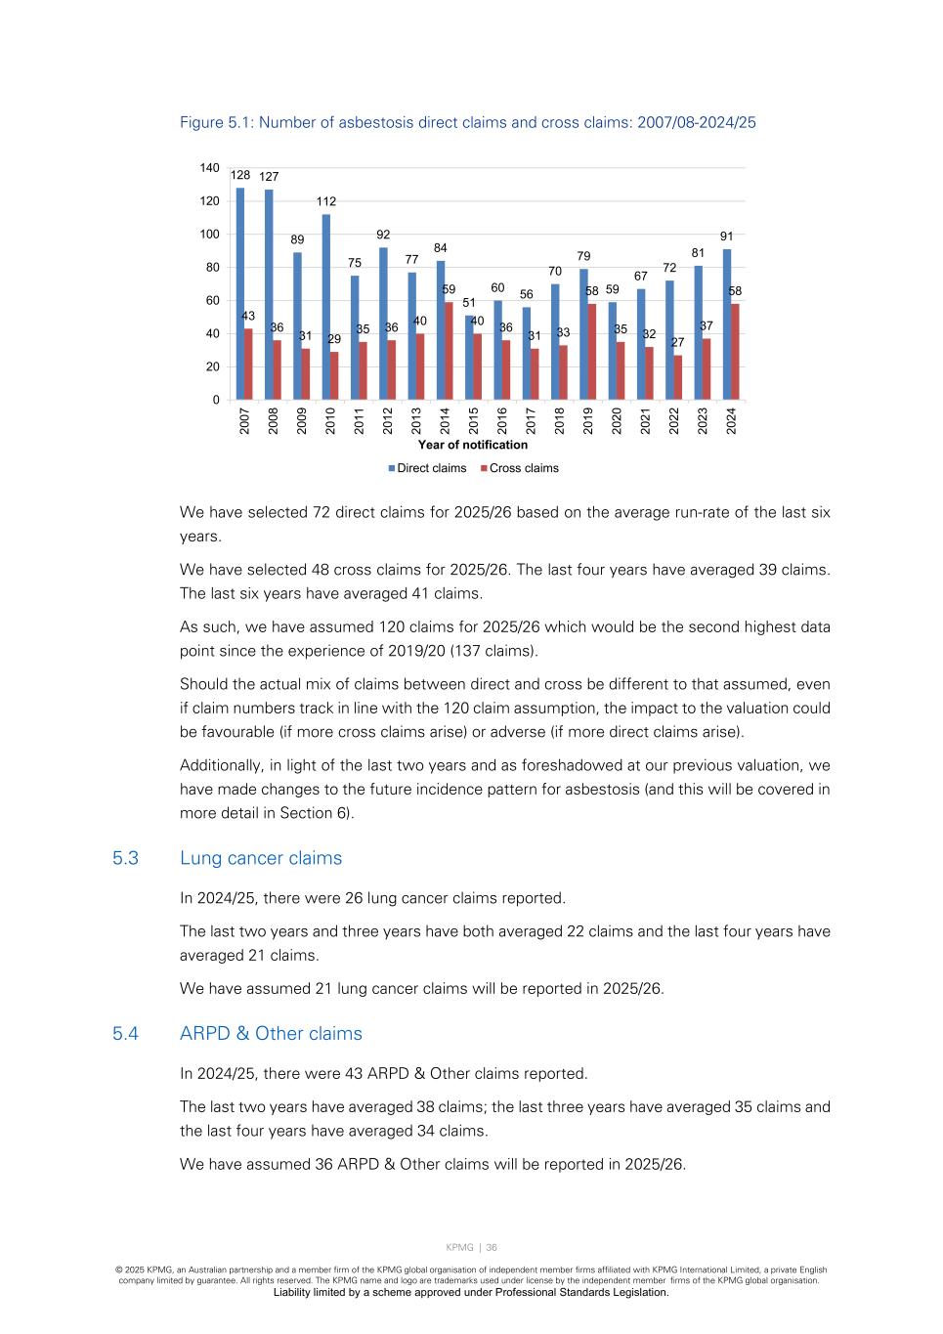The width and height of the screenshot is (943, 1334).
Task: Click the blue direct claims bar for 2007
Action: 240,293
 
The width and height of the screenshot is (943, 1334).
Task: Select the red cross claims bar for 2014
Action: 449,351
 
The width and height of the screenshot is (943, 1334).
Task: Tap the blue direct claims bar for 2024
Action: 727,324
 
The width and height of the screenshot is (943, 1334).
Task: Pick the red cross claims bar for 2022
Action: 677,377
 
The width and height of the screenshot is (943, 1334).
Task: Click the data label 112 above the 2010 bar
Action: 325,201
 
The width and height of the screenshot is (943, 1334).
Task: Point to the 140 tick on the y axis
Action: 210,168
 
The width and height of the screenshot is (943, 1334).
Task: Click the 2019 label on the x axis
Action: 588,421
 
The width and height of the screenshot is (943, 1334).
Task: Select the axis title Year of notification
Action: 473,445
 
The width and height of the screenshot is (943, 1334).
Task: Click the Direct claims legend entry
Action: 426,468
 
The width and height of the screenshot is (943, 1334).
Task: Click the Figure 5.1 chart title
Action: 467,122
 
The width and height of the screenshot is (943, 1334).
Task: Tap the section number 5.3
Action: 125,858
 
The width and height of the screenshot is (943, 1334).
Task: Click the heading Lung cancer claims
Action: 261,858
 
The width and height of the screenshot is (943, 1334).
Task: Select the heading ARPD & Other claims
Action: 271,1033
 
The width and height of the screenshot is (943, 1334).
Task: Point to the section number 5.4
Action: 125,1033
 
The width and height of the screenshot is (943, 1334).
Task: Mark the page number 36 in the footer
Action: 492,1247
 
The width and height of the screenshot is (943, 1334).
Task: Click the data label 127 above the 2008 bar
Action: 269,177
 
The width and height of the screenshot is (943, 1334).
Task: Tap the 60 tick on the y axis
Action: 212,301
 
